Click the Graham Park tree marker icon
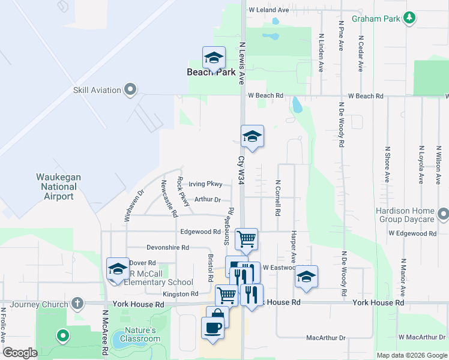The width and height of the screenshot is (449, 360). [x=409, y=18]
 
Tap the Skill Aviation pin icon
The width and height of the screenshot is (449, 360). [x=130, y=90]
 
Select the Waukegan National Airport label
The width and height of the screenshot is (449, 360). [x=58, y=187]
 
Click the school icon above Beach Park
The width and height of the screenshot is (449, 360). [x=214, y=58]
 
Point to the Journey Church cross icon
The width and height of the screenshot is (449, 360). [x=77, y=304]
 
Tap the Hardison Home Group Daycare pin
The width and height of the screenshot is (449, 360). [x=443, y=214]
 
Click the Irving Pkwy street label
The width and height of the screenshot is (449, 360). [x=205, y=184]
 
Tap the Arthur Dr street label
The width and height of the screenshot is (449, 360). [x=208, y=200]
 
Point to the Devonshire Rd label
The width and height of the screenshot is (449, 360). [x=168, y=247]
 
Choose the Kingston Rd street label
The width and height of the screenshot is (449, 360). [x=180, y=294]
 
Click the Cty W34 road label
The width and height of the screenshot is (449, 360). [x=241, y=170]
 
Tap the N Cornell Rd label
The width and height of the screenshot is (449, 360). [x=278, y=199]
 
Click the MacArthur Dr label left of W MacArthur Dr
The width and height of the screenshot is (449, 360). [x=326, y=338]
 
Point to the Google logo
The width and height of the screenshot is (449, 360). [x=20, y=353]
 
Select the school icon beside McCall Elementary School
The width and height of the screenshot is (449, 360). [x=118, y=269]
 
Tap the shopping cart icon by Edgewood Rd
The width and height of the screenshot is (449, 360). [x=246, y=239]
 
